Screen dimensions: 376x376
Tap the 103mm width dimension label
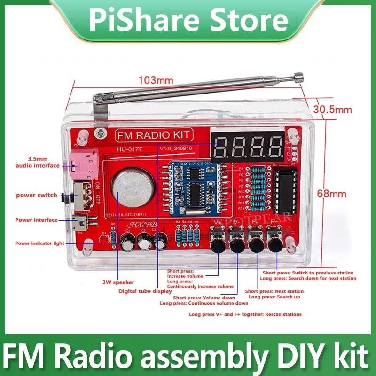pos(155,80)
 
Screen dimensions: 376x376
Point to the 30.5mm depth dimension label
pos(333,110)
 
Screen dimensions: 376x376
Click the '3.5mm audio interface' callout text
pos(38,163)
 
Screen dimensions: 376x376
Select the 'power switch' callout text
pos(37,195)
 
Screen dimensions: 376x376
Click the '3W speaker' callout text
pos(118,282)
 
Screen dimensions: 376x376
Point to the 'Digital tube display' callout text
pos(145,291)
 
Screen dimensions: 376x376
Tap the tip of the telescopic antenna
pos(298,75)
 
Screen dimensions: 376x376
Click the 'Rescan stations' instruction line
pos(245,314)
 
